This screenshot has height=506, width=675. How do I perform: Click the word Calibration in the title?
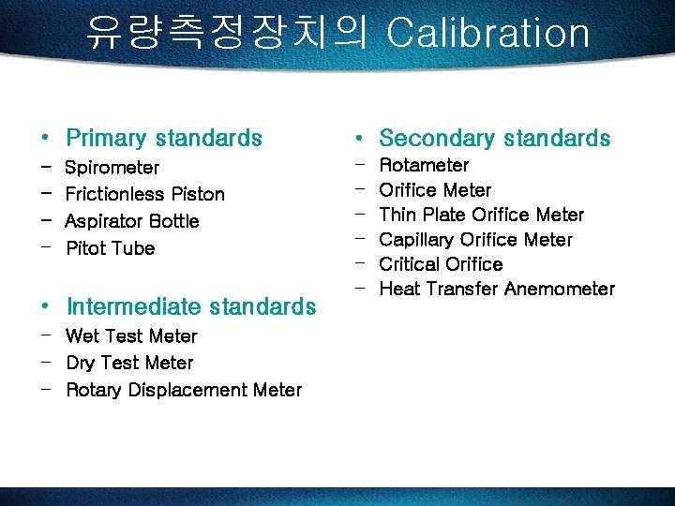(x=487, y=33)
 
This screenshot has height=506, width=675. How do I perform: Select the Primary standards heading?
(x=164, y=139)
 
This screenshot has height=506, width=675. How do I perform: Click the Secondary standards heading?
(x=494, y=139)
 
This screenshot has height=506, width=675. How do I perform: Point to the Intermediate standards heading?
(x=191, y=306)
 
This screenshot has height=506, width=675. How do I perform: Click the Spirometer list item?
(x=112, y=168)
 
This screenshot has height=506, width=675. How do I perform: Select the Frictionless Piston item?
(x=145, y=194)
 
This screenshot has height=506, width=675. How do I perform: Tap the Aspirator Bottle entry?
(x=132, y=221)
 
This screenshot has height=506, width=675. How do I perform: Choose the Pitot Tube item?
(x=111, y=248)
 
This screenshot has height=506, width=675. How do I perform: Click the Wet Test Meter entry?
(x=131, y=335)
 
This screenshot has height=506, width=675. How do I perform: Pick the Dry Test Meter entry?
(x=129, y=363)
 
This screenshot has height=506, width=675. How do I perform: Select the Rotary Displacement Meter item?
(x=184, y=390)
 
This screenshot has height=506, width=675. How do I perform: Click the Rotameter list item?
(x=424, y=165)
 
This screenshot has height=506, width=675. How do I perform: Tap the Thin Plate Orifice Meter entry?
(x=481, y=215)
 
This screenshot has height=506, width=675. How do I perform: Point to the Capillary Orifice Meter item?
(x=475, y=240)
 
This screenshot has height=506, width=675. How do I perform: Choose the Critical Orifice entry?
(x=441, y=264)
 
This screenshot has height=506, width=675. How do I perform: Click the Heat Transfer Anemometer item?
(x=497, y=289)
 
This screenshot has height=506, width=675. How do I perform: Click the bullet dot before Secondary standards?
(x=358, y=140)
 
